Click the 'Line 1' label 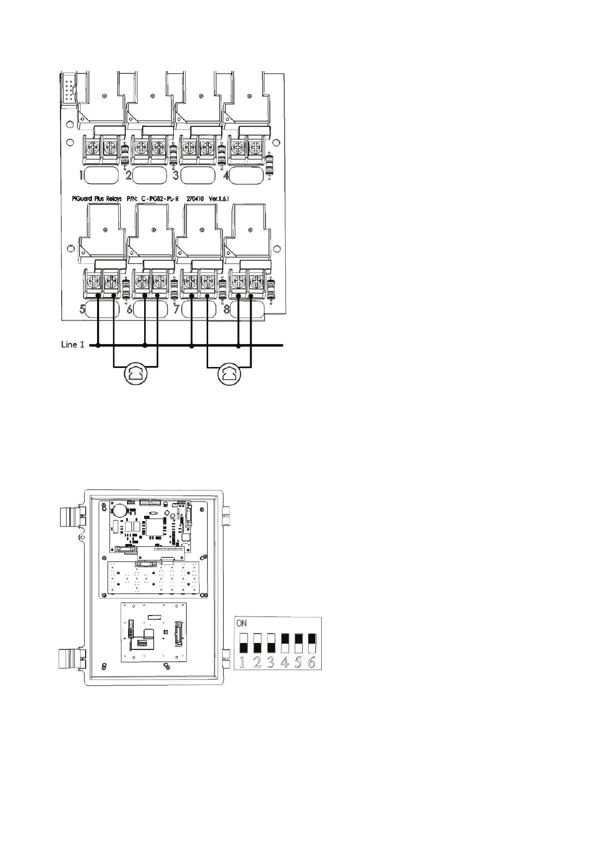tap(73, 344)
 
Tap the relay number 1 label tap(81, 175)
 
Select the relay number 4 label tap(226, 175)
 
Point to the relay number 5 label tap(83, 309)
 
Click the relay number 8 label tap(227, 309)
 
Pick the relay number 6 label tap(130, 309)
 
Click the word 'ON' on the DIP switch tap(242, 623)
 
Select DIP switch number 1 tap(244, 643)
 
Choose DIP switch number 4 tap(285, 643)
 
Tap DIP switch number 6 tap(312, 643)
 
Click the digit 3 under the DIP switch tap(271, 663)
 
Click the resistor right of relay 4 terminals tap(271, 165)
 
